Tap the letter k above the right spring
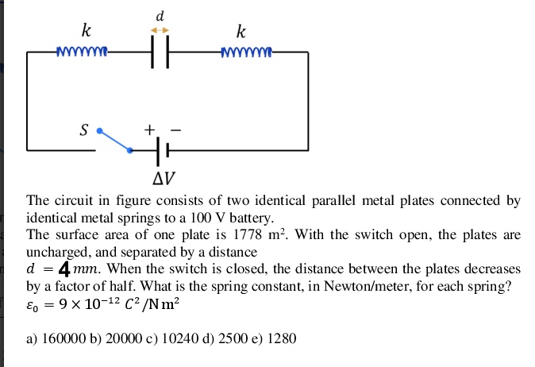pyautogui.click(x=241, y=32)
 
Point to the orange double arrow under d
pyautogui.click(x=160, y=29)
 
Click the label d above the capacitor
pyautogui.click(x=160, y=14)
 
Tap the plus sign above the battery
pyautogui.click(x=148, y=129)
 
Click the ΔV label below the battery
pyautogui.click(x=160, y=176)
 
